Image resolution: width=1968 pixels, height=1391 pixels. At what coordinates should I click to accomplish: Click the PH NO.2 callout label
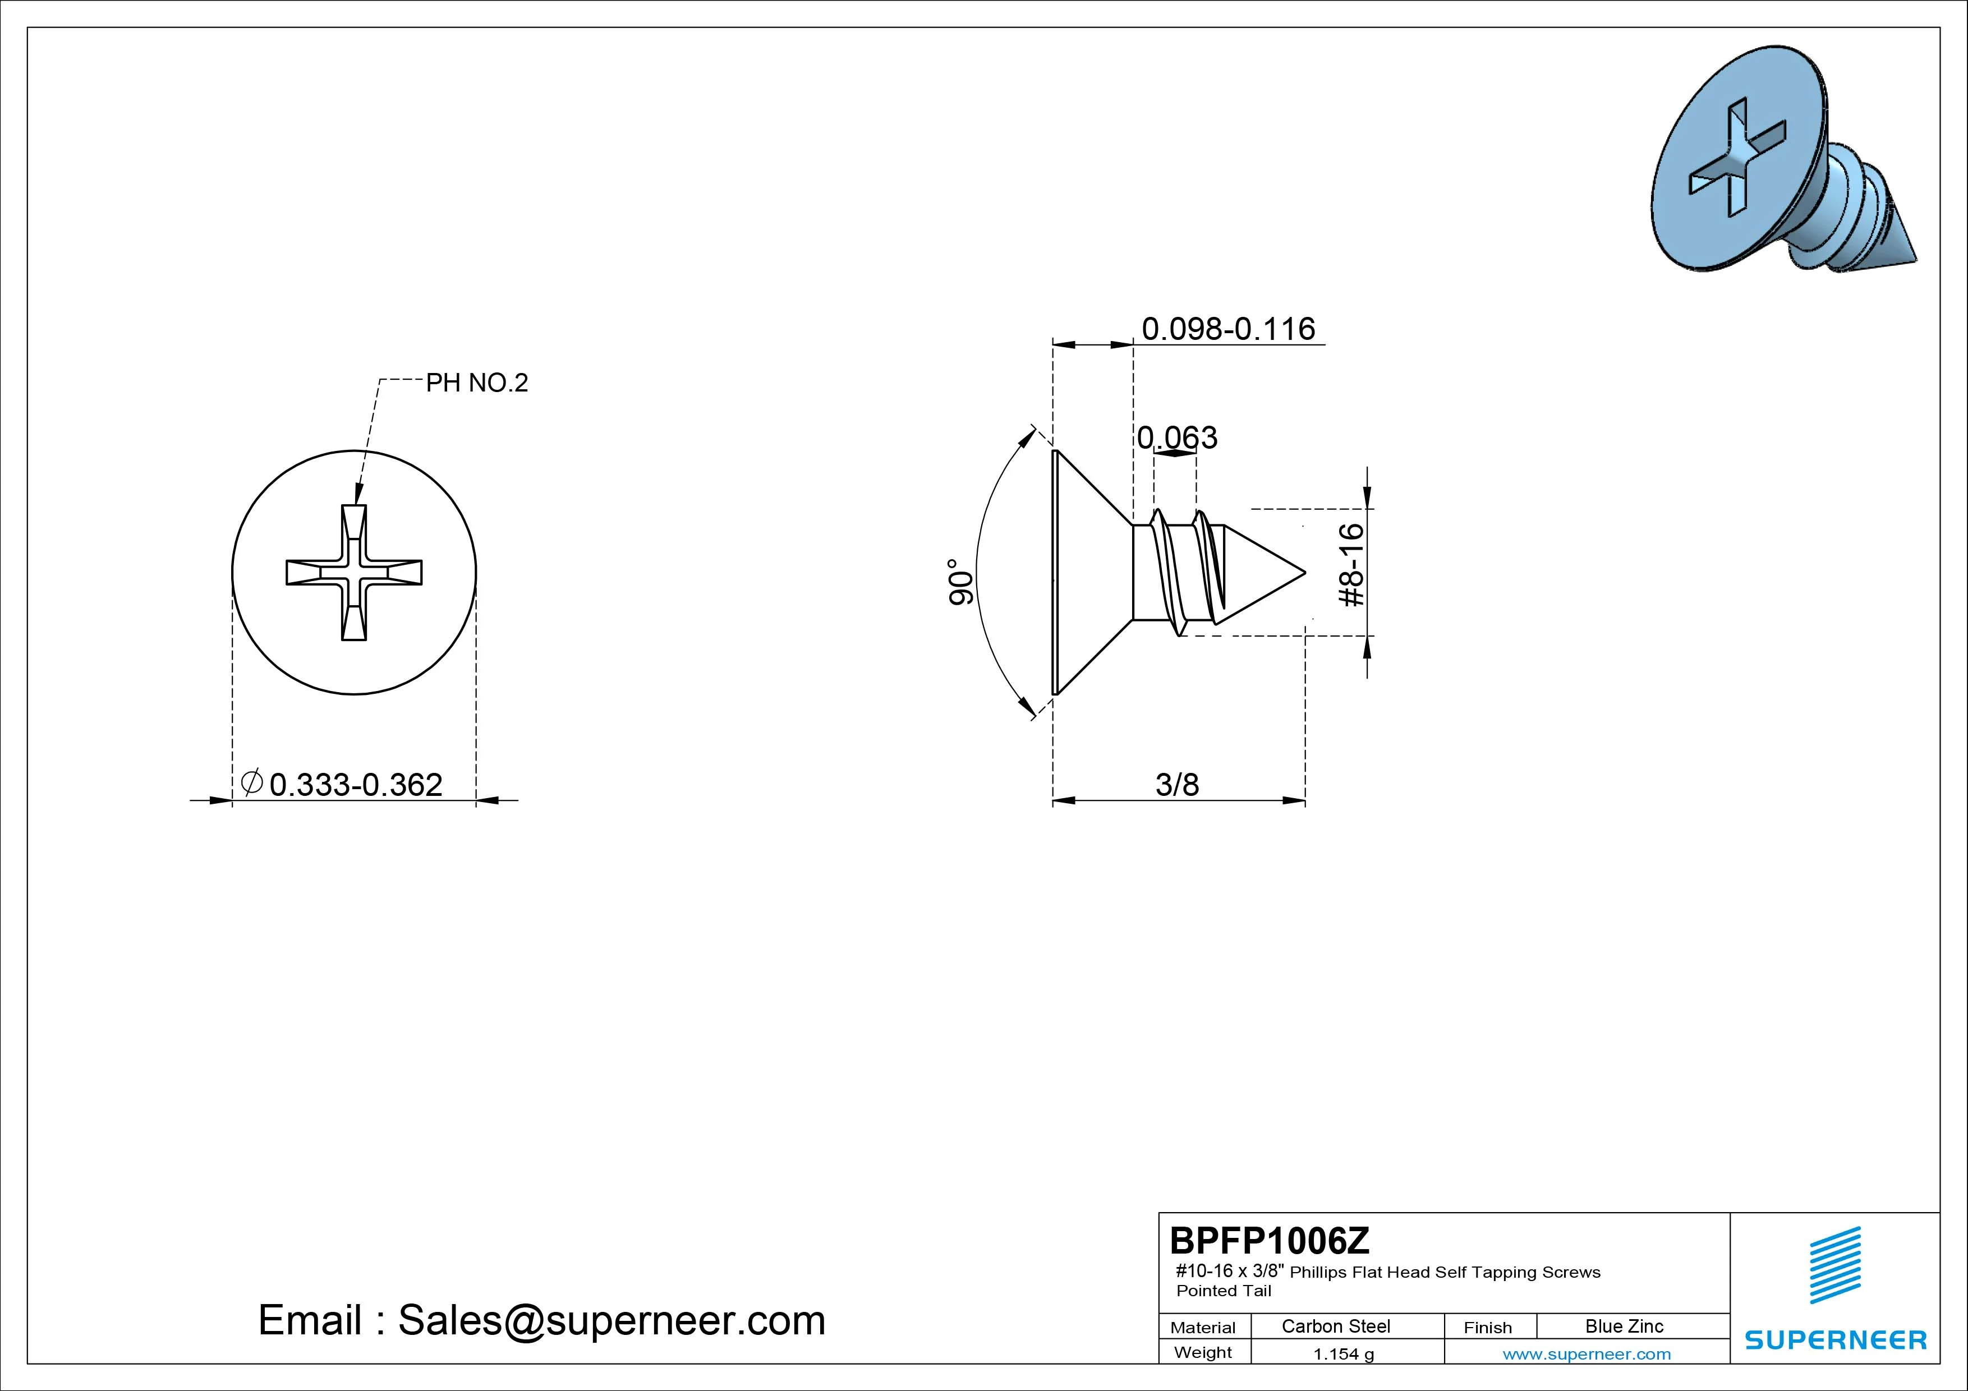pyautogui.click(x=476, y=383)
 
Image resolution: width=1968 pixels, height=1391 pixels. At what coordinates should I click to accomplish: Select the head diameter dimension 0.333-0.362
pyautogui.click(x=356, y=784)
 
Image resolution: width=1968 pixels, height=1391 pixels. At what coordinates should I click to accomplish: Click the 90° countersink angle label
pyautogui.click(x=961, y=582)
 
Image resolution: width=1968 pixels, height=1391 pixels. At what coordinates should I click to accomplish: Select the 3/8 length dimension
pyautogui.click(x=1177, y=784)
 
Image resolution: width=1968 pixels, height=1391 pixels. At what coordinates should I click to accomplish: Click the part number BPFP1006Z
pyautogui.click(x=1270, y=1240)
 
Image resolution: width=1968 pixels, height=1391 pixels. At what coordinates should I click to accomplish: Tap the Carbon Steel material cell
pyautogui.click(x=1335, y=1326)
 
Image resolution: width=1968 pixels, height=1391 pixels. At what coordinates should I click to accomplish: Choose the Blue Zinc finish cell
pyautogui.click(x=1624, y=1326)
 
